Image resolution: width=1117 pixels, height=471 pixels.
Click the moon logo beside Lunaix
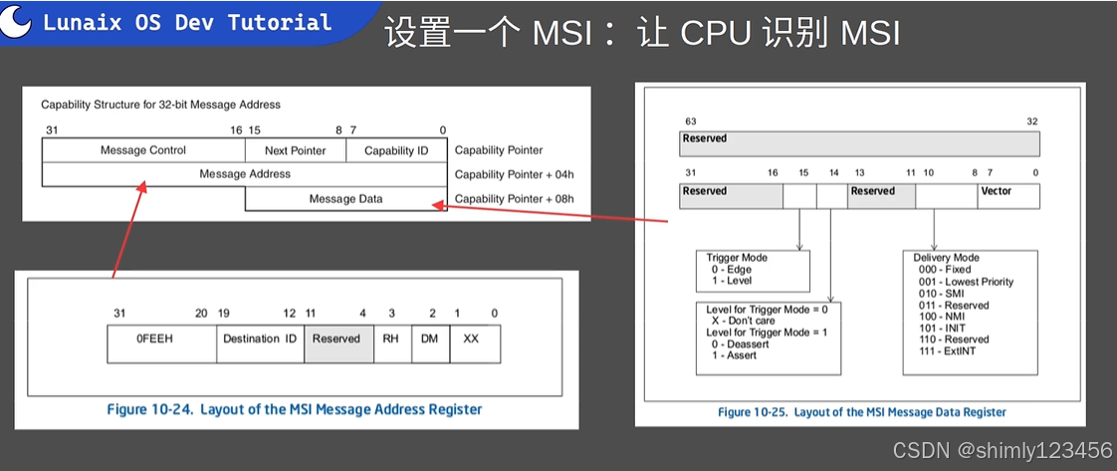pos(16,22)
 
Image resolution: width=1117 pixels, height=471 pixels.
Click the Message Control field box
pos(143,150)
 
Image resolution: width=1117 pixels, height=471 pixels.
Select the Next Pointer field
pos(296,150)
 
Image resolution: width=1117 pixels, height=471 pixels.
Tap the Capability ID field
pos(395,150)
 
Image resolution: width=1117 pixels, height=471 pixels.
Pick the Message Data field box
pos(345,199)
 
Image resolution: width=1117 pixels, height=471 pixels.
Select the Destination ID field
pos(260,339)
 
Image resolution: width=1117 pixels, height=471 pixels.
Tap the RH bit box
pos(390,339)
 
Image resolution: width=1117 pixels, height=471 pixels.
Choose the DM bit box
pos(429,339)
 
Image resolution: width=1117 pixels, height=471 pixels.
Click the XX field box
pos(471,339)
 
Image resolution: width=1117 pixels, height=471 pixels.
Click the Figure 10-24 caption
pos(295,409)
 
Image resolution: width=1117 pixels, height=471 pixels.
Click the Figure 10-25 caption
pos(861,412)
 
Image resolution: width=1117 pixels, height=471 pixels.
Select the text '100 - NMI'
pos(937,317)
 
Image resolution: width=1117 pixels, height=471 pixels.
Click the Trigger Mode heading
pos(737,258)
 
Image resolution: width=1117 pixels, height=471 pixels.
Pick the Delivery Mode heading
pos(946,258)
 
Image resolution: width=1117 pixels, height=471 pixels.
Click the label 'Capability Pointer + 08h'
pos(514,199)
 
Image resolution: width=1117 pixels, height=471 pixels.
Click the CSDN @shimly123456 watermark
pos(1002,451)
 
